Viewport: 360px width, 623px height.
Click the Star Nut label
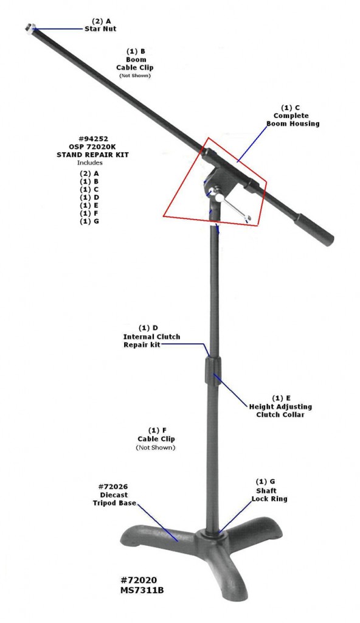100,29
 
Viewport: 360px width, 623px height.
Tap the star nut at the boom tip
29,27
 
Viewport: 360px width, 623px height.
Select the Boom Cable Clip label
135,63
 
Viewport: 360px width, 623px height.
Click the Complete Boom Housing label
293,120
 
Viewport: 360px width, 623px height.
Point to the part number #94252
93,139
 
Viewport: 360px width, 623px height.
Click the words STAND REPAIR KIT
92,155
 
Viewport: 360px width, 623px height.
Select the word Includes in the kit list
90,162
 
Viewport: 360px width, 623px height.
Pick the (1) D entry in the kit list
89,198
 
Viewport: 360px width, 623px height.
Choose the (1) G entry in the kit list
89,221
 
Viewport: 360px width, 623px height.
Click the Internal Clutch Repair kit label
151,341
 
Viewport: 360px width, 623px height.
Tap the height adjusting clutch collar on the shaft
213,371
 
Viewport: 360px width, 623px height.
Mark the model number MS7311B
142,590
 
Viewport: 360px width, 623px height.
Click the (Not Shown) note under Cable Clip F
155,447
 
